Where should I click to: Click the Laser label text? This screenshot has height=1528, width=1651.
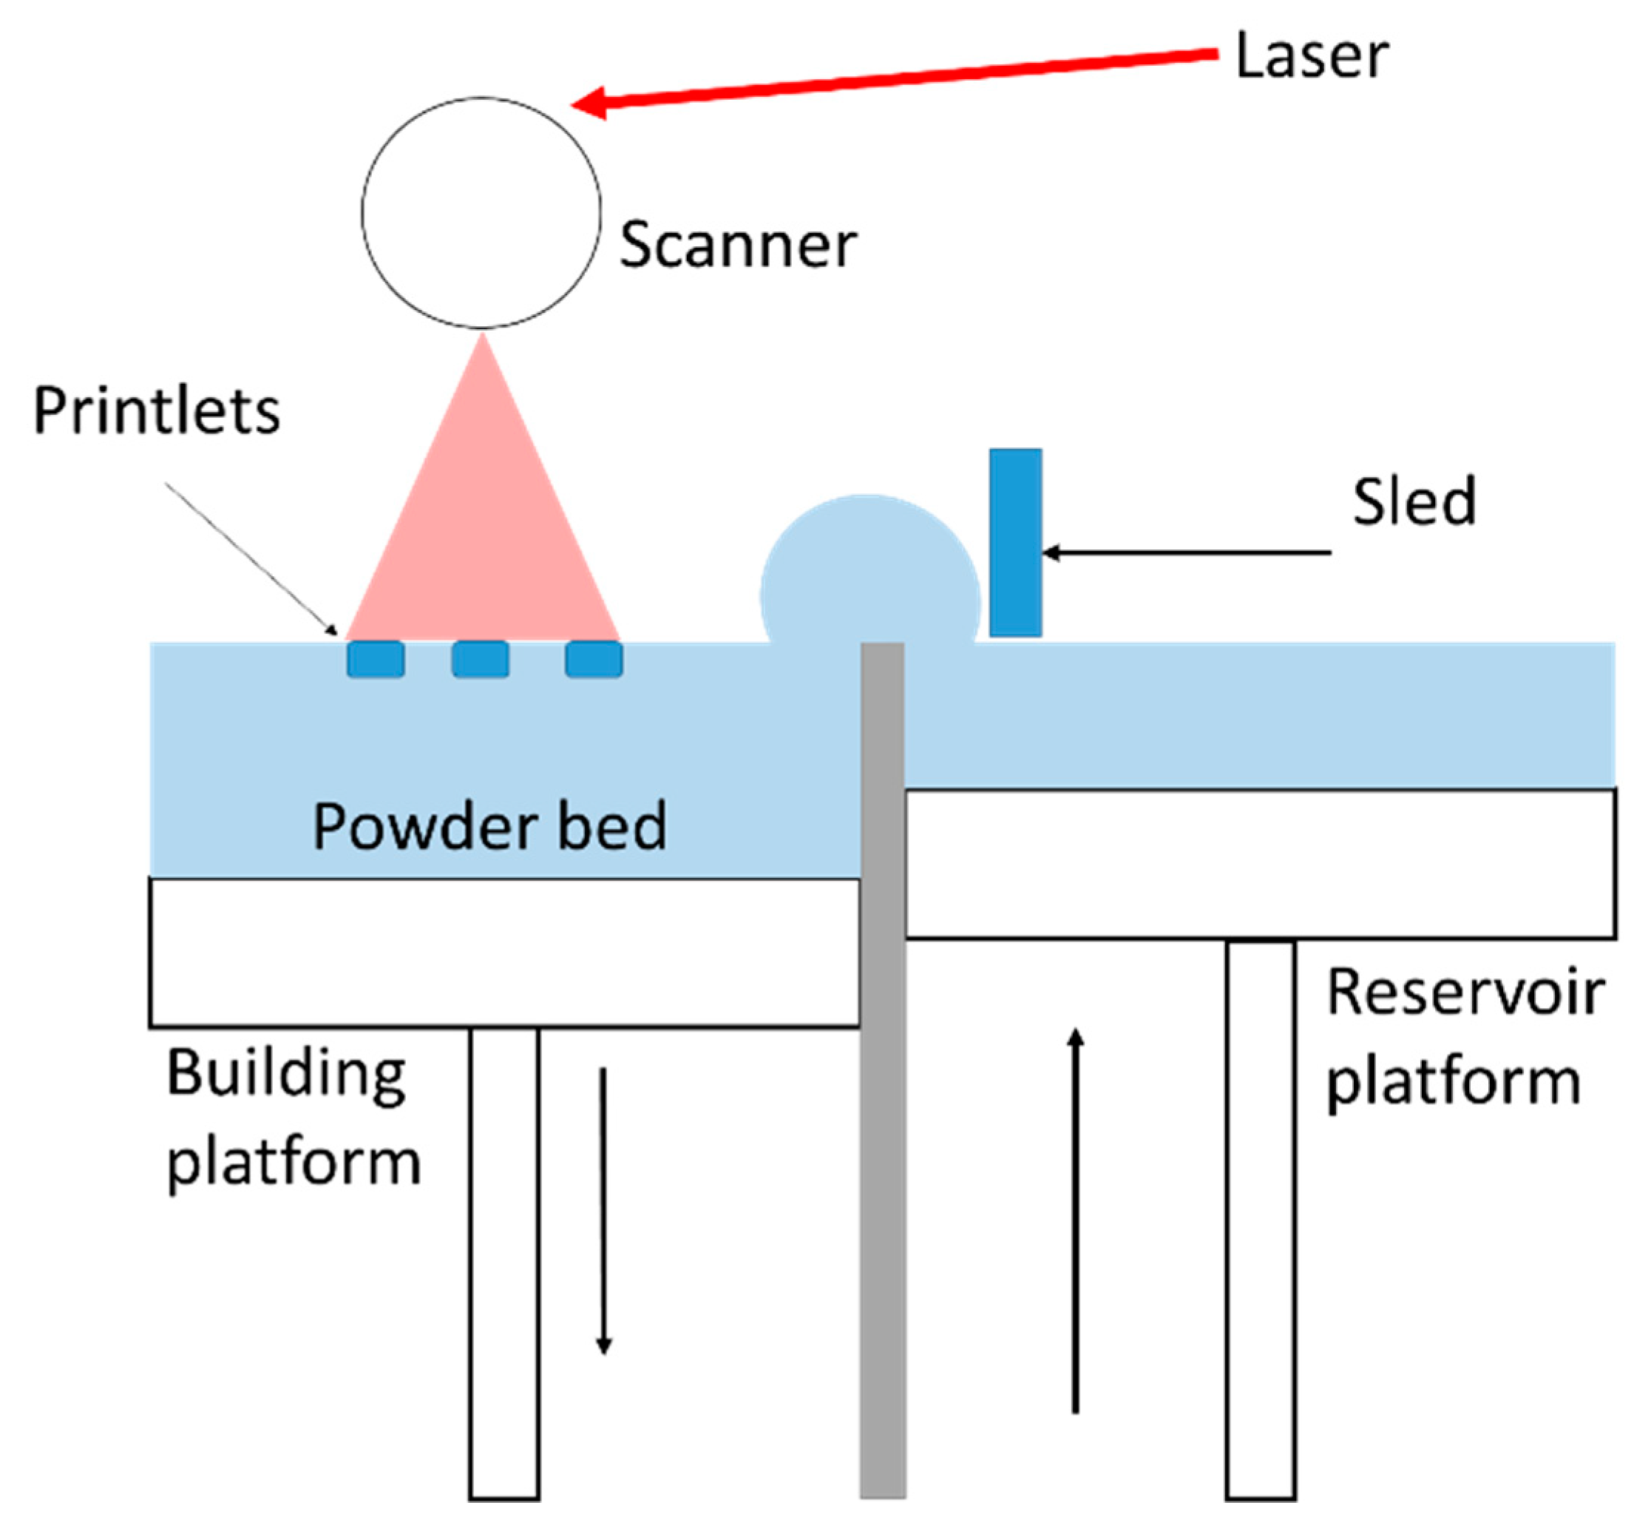tap(1310, 56)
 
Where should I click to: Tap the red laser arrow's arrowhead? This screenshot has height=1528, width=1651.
tap(589, 103)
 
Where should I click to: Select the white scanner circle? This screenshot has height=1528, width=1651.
tap(481, 213)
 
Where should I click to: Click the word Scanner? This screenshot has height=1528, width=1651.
tap(737, 246)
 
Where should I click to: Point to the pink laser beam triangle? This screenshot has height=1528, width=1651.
tap(483, 529)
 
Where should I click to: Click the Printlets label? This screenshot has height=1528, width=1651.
tap(156, 411)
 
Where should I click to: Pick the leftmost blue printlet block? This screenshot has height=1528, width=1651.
tap(376, 660)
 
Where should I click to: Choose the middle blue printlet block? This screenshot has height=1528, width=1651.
tap(481, 660)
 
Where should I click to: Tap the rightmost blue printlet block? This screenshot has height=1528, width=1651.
tap(594, 660)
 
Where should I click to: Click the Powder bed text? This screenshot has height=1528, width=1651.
tap(489, 826)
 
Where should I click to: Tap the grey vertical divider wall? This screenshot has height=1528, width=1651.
tap(882, 1075)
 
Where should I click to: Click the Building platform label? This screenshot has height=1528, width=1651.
tap(294, 1118)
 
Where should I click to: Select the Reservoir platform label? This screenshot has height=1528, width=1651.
tap(1463, 1037)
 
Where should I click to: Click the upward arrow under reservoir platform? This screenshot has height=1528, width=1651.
tap(1076, 1224)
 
